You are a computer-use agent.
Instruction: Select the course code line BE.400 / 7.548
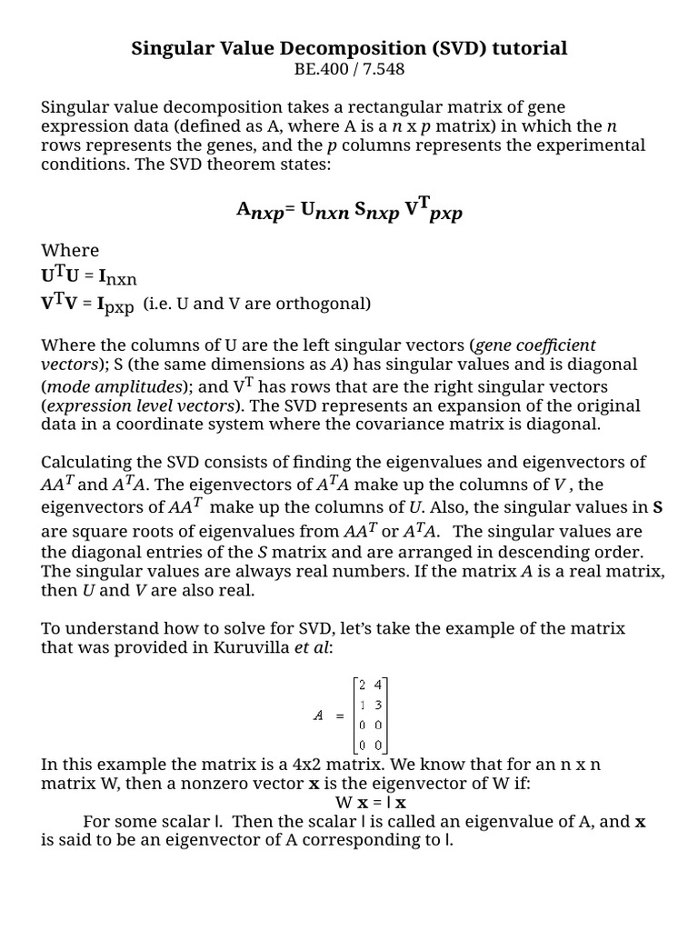pyautogui.click(x=349, y=68)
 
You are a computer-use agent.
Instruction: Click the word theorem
pyautogui.click(x=236, y=165)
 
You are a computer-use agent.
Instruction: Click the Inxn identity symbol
pyautogui.click(x=117, y=277)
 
